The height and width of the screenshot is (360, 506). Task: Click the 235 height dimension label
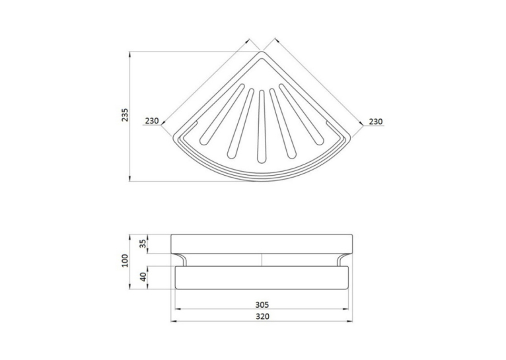click(x=125, y=115)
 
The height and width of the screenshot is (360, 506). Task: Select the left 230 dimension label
click(x=152, y=121)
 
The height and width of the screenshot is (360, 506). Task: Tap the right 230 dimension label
click(x=376, y=122)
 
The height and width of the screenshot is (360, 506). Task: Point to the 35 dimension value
click(x=143, y=244)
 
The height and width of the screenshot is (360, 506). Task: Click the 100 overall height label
click(x=125, y=260)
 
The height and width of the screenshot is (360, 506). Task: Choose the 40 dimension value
click(x=143, y=277)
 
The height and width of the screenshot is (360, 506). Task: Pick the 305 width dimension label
click(x=262, y=305)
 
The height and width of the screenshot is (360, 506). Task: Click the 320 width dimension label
click(x=262, y=316)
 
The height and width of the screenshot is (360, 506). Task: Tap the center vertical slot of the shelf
click(x=261, y=126)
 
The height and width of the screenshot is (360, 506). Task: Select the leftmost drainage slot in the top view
click(x=222, y=114)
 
